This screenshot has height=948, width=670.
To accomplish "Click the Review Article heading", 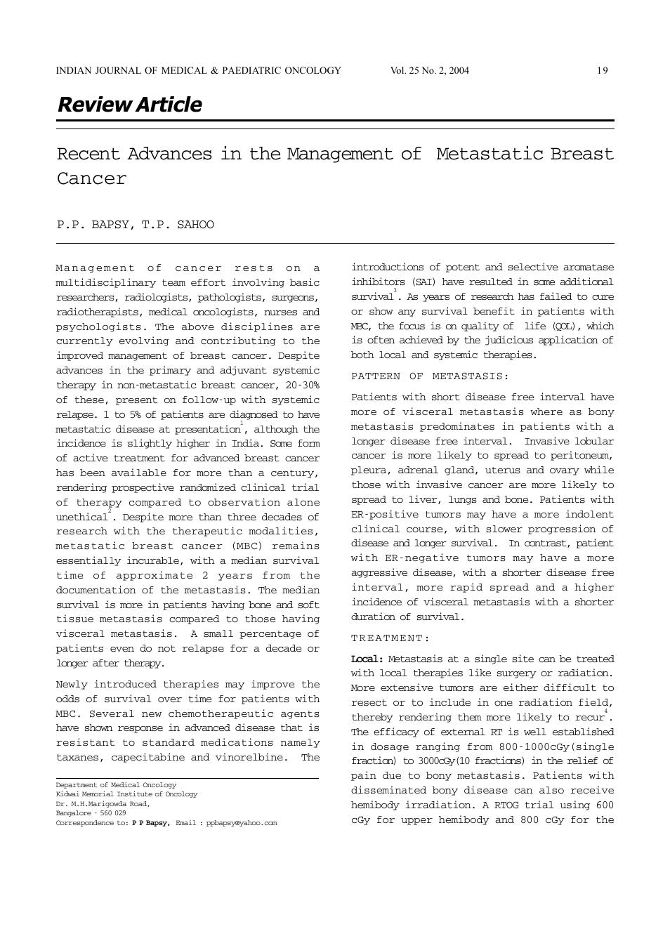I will click(129, 105).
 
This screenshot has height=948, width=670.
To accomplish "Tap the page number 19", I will click(602, 70).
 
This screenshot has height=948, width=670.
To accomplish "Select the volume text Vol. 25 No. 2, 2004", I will click(429, 70).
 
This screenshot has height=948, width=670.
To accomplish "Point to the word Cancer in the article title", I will click(92, 178).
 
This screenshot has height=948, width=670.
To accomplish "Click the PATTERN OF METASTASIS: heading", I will click(430, 376).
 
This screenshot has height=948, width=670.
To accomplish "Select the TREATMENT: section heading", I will click(390, 638).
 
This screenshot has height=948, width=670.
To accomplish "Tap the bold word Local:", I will click(367, 659).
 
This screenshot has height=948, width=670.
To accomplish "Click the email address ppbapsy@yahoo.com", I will click(242, 823).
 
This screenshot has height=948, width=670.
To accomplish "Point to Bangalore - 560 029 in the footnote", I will click(91, 813).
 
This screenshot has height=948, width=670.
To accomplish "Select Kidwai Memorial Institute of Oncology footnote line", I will click(126, 794).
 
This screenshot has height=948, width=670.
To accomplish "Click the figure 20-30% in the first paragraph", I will click(303, 385).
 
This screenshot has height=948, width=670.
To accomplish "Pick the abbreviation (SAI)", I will click(423, 282).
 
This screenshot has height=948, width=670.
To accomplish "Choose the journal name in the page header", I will click(198, 70).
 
